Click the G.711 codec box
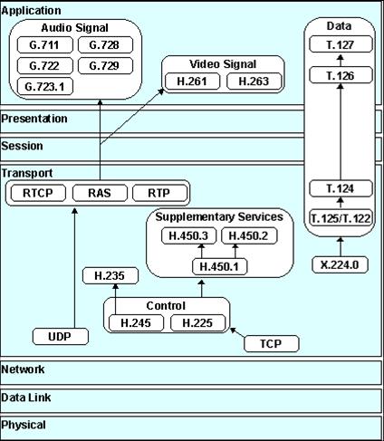[45, 45]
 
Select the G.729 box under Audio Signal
[105, 66]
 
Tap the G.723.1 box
[45, 87]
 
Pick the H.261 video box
[192, 81]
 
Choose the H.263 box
[254, 81]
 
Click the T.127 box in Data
[341, 44]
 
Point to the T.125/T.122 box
[341, 218]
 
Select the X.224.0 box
[340, 265]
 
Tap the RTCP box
[38, 193]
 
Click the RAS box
[100, 193]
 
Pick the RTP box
[159, 193]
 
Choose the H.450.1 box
[220, 267]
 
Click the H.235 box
[110, 276]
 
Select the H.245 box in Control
[136, 323]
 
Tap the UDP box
[61, 337]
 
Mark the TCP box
[272, 343]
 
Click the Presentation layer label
[34, 119]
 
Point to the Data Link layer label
[26, 398]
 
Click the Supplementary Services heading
[219, 216]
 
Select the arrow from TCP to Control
[238, 332]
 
